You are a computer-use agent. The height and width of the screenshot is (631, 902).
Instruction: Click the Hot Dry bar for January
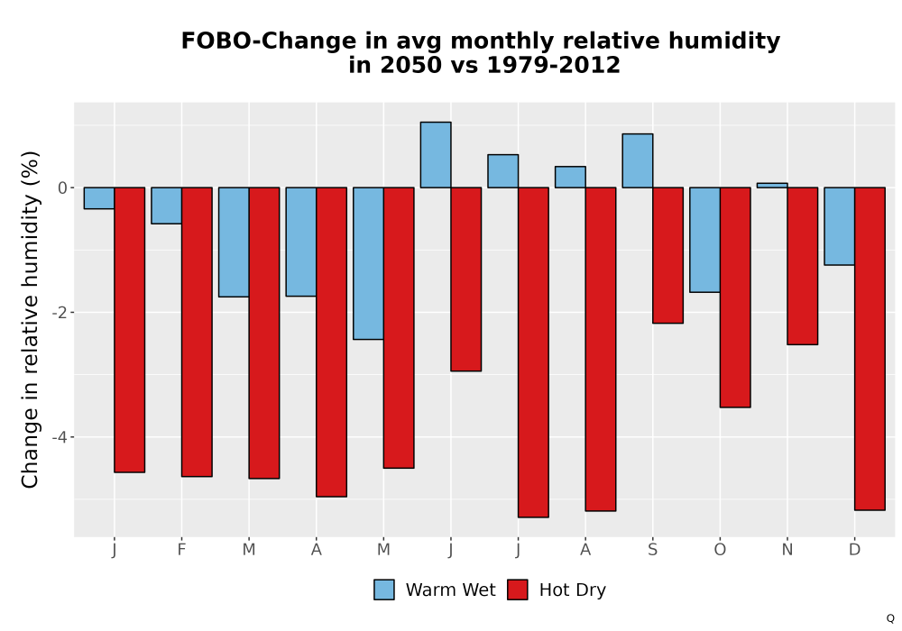pos(129,330)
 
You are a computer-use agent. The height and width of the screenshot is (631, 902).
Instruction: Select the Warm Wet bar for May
pos(368,263)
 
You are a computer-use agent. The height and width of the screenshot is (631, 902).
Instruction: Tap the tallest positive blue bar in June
pos(436,154)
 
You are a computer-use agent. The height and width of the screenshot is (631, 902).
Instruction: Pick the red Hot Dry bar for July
pos(533,352)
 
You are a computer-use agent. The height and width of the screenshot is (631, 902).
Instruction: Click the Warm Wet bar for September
pos(638,160)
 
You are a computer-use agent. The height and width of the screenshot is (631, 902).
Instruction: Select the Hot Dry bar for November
pos(803,266)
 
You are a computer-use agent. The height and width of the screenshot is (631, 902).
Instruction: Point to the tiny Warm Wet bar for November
pos(772,185)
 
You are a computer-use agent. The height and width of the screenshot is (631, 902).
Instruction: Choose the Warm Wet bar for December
pos(839,226)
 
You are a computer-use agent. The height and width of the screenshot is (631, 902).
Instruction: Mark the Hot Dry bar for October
pos(735,297)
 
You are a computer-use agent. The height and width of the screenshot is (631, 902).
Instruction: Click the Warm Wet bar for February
pos(166,206)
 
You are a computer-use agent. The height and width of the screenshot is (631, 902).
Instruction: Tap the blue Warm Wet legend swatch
pos(383,590)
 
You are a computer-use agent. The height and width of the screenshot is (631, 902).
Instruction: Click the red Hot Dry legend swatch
pos(517,590)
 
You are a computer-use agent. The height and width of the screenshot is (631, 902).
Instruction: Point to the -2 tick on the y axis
pos(60,313)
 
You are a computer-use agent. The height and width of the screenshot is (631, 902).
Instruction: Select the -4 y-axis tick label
pos(60,437)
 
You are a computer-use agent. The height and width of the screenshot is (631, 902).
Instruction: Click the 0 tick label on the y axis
pos(63,187)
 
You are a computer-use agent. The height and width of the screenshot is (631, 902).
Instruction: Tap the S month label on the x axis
pos(652,550)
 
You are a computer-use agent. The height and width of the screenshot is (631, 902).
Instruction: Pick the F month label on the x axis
pos(181,550)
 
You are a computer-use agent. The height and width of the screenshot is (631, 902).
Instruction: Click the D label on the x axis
pos(855,550)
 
